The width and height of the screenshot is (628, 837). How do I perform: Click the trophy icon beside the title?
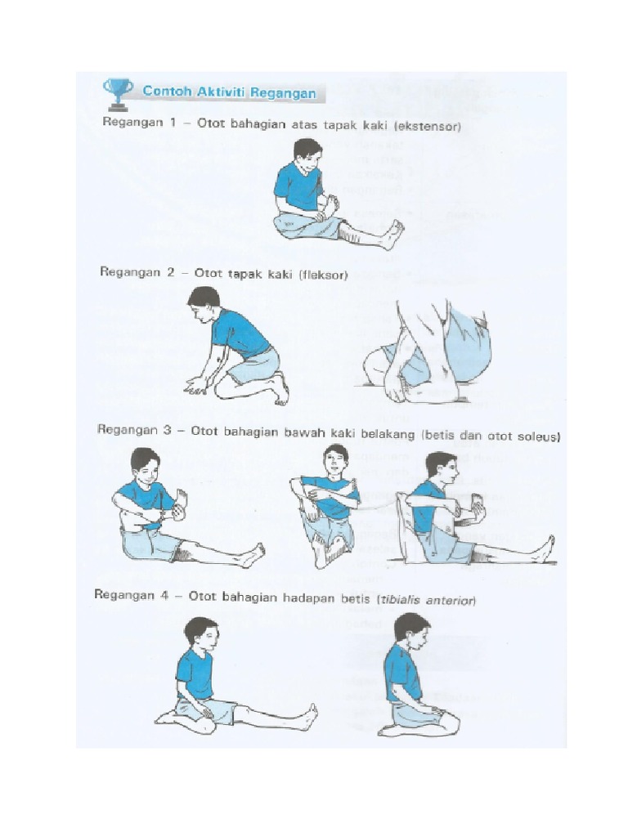(118, 92)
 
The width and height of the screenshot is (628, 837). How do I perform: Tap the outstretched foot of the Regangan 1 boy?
(393, 234)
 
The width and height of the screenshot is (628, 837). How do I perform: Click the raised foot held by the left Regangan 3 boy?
(182, 499)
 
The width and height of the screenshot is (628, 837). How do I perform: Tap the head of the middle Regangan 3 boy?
(335, 459)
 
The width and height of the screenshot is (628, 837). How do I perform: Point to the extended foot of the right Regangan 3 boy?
(545, 548)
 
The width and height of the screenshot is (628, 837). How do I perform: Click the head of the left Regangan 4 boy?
(201, 634)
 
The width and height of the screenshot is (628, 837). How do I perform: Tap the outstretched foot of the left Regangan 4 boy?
(308, 716)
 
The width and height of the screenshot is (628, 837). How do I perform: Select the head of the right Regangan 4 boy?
(411, 630)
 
